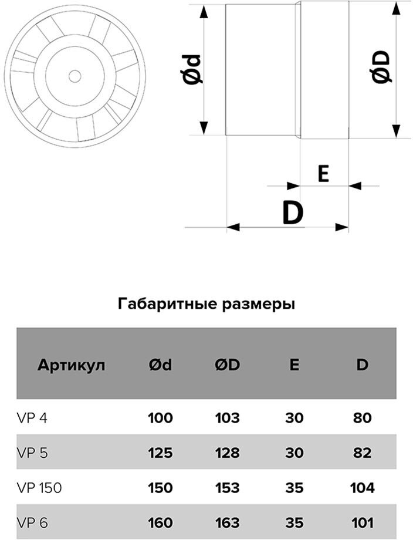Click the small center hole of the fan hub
pyautogui.click(x=74, y=76)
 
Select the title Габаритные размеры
pyautogui.click(x=206, y=304)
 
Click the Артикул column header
pyautogui.click(x=72, y=365)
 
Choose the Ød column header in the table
pyautogui.click(x=160, y=365)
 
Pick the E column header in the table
pyautogui.click(x=294, y=365)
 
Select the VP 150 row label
pyautogui.click(x=39, y=487)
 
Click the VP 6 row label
pyautogui.click(x=31, y=522)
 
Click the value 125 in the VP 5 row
pyautogui.click(x=160, y=453)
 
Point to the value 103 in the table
pyautogui.click(x=227, y=419)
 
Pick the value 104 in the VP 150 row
pyautogui.click(x=362, y=487)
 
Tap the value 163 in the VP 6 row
pyautogui.click(x=227, y=522)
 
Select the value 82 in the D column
pyautogui.click(x=362, y=453)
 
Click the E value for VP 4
pyautogui.click(x=294, y=419)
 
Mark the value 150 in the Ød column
pyautogui.click(x=160, y=487)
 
